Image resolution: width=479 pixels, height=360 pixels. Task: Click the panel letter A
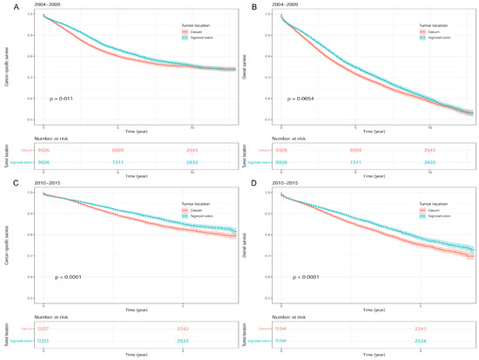pyautogui.click(x=4, y=5)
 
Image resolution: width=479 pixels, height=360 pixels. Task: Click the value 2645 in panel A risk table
pyautogui.click(x=196, y=150)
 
